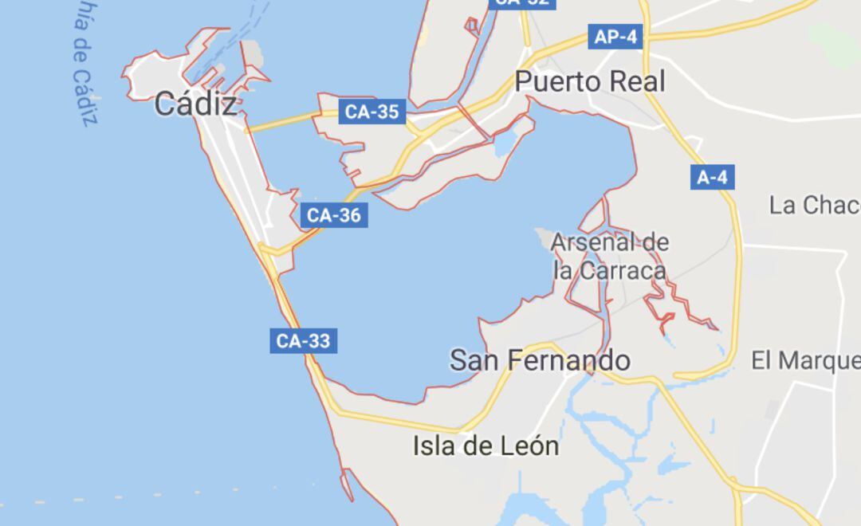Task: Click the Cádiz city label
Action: coord(195,104)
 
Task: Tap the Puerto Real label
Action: coord(589,81)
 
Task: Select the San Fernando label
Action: coord(540,360)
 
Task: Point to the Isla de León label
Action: coord(486,446)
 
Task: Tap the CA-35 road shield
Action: coord(372,112)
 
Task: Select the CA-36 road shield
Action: coord(334,215)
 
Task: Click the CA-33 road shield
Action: coord(302,341)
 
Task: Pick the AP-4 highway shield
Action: coord(615,37)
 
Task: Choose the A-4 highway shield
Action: coord(712,177)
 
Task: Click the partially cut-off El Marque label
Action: coord(805,360)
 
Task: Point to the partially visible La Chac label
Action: coord(814,205)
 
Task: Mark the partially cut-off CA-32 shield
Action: coord(521,3)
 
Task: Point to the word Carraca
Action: coord(622,270)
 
